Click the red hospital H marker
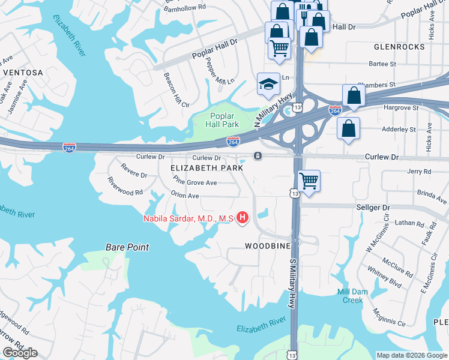pos(243,218)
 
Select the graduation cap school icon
pos(267,85)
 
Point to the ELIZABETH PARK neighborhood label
pos(207,169)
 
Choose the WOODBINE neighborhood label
pos(268,246)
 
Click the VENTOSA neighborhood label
pos(23,73)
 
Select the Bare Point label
pos(127,247)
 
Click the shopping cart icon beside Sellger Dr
pos(309,180)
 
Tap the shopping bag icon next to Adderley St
pos(349,129)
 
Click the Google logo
pos(20,352)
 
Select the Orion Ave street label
pos(185,196)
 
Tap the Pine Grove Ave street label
pos(194,181)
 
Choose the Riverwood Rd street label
pos(125,187)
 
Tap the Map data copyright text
pos(411,355)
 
